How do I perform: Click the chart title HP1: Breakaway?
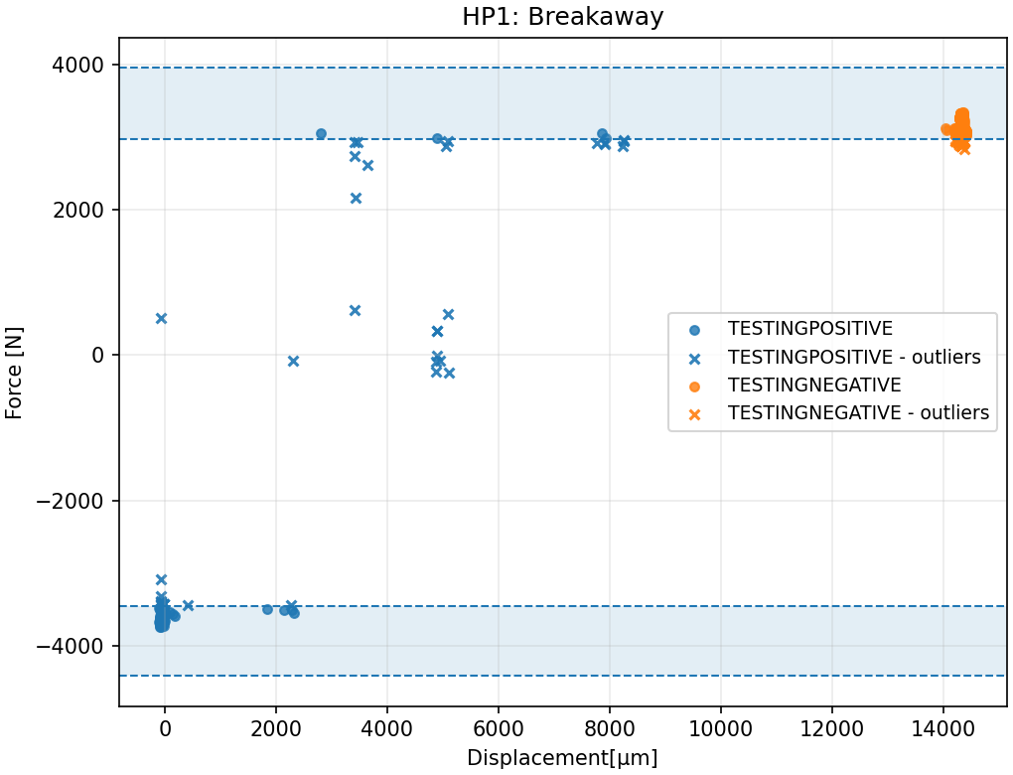click(x=562, y=17)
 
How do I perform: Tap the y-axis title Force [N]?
click(x=15, y=373)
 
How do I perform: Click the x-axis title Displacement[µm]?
click(x=562, y=758)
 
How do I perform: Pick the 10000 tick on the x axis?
click(x=720, y=727)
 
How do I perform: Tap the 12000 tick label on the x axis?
click(x=831, y=727)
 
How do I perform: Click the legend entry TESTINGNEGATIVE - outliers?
click(x=858, y=413)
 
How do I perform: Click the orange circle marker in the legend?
click(x=694, y=386)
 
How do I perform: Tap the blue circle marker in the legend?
click(x=694, y=329)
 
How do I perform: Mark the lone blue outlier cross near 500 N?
click(x=161, y=318)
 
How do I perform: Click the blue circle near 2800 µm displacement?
click(x=321, y=133)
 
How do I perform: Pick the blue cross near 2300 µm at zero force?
click(x=293, y=361)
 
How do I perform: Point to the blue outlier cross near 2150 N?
click(x=356, y=198)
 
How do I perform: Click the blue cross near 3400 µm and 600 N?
click(x=355, y=310)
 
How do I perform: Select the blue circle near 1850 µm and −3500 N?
click(x=267, y=609)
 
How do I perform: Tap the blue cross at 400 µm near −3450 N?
click(x=188, y=605)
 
